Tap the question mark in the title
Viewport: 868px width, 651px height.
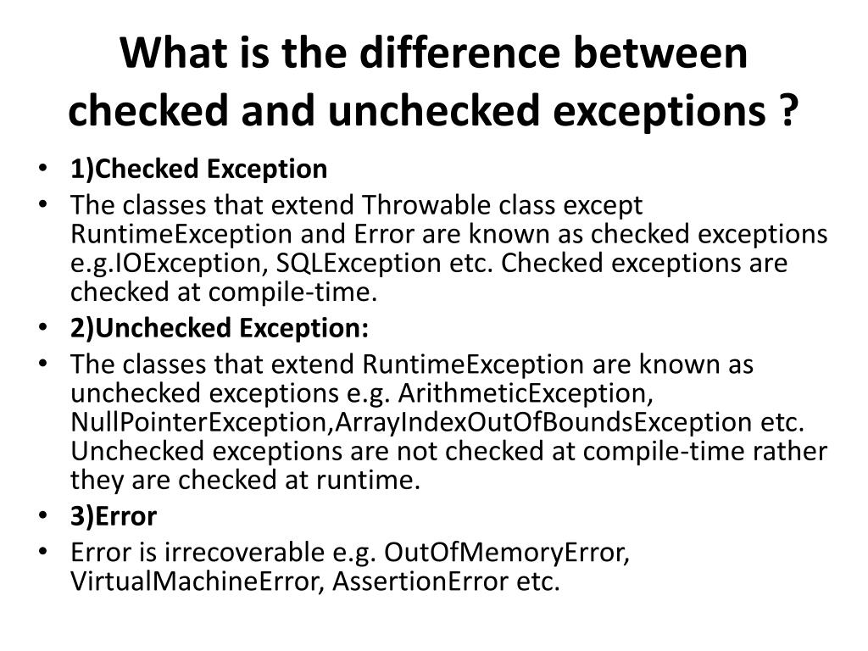(x=788, y=111)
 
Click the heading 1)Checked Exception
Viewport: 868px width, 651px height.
(x=198, y=169)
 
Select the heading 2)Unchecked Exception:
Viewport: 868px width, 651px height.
(x=220, y=328)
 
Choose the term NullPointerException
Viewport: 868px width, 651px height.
(x=198, y=422)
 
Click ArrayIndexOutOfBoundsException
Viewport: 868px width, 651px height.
(x=537, y=422)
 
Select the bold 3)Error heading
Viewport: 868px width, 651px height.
(x=114, y=516)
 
